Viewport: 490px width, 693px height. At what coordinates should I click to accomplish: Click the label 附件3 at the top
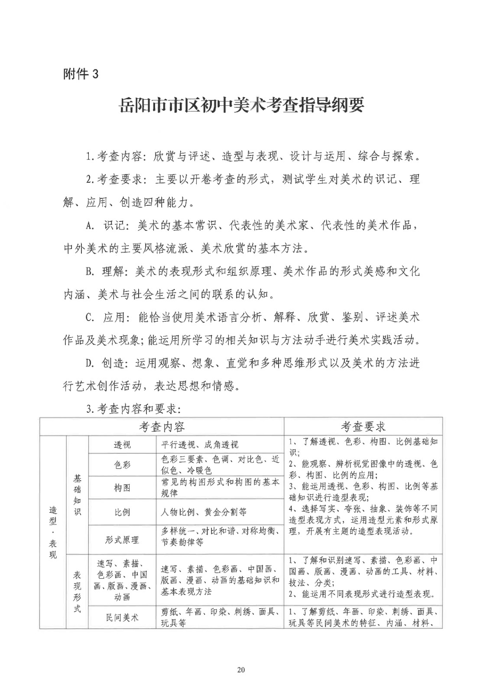[x=81, y=74]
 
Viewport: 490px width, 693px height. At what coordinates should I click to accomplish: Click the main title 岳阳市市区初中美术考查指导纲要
[x=241, y=105]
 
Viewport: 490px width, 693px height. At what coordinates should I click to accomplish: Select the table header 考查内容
[x=162, y=427]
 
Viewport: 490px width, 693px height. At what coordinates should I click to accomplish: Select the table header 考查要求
[x=363, y=427]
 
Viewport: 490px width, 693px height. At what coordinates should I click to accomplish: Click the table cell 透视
[x=122, y=445]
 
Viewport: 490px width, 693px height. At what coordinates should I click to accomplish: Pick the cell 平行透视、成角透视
[x=200, y=445]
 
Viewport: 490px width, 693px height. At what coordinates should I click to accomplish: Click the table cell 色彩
[x=122, y=465]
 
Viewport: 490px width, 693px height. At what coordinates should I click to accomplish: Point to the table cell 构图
[x=122, y=488]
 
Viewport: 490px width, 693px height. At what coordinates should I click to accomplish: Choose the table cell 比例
[x=122, y=512]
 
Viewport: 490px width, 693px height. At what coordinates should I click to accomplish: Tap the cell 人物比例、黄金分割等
[x=204, y=512]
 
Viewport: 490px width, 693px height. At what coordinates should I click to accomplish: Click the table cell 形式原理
[x=122, y=540]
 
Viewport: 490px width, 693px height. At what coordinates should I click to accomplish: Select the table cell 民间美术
[x=122, y=617]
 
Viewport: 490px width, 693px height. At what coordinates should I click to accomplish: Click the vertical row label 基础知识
[x=77, y=495]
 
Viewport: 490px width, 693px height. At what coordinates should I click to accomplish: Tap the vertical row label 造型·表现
[x=52, y=532]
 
